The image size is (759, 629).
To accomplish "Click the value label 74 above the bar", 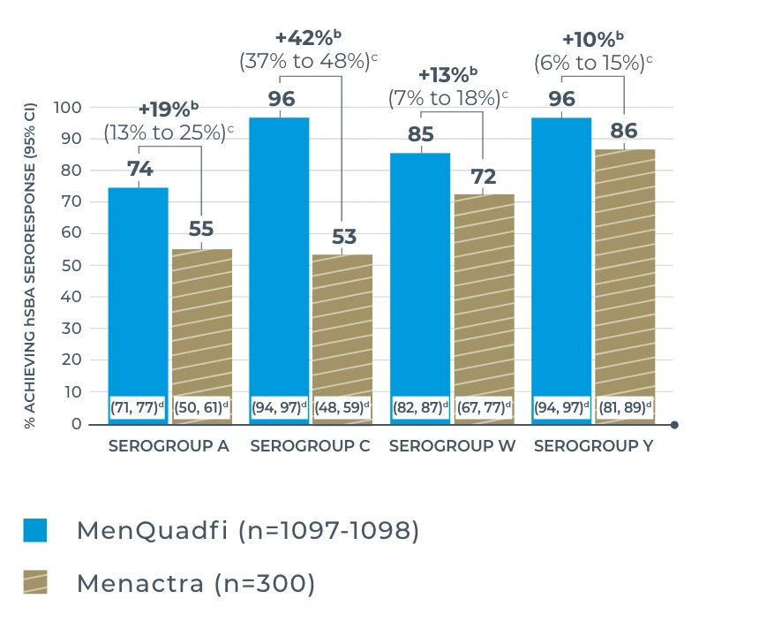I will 139,169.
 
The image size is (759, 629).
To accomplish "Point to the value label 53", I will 343,237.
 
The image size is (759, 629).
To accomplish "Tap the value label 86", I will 624,132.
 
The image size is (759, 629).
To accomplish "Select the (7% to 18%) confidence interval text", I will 449,98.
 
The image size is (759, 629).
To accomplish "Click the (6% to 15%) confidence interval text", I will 593,63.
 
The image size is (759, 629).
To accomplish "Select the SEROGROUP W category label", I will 452,446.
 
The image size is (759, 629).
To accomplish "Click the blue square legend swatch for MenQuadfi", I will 35,530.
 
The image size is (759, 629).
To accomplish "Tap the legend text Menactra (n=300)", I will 195,583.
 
